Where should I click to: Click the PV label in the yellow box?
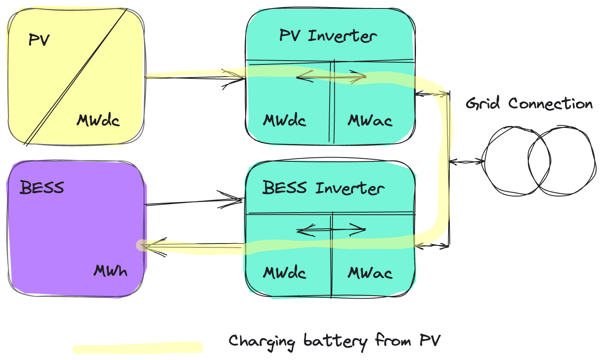pyautogui.click(x=39, y=40)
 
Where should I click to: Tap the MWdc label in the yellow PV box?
pyautogui.click(x=98, y=121)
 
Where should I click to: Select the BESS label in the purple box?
pyautogui.click(x=42, y=187)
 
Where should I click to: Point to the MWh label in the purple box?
pyautogui.click(x=111, y=271)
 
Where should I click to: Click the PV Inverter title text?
pyautogui.click(x=328, y=36)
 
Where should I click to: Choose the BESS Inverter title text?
pyautogui.click(x=323, y=188)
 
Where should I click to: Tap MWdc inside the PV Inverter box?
pyautogui.click(x=285, y=121)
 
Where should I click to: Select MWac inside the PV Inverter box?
pyautogui.click(x=370, y=121)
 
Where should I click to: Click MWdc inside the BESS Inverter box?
pyautogui.click(x=285, y=273)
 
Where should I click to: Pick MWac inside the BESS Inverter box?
pyautogui.click(x=370, y=273)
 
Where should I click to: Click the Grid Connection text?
pyautogui.click(x=529, y=104)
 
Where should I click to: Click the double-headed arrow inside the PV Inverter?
pyautogui.click(x=331, y=77)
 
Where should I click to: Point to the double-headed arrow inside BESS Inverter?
pyautogui.click(x=331, y=230)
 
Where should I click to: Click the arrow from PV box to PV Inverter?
pyautogui.click(x=195, y=78)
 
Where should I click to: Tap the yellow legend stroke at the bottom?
pyautogui.click(x=138, y=348)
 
